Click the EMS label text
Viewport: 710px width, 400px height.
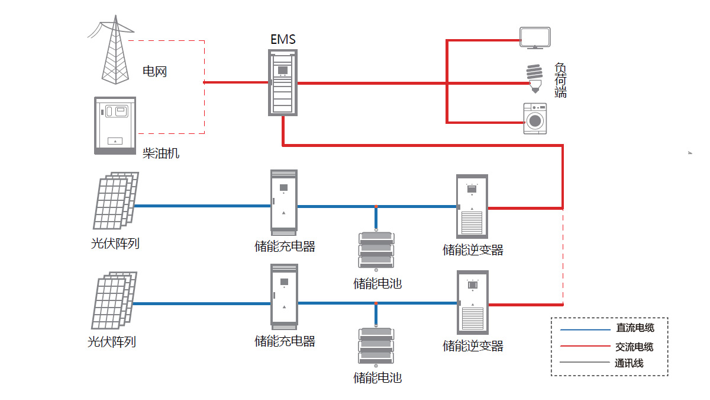click(x=283, y=40)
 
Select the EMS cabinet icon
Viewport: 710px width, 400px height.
click(x=283, y=82)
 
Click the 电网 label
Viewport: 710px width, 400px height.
click(x=155, y=72)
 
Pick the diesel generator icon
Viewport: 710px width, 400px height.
click(x=115, y=126)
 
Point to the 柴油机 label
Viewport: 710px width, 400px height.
click(x=161, y=153)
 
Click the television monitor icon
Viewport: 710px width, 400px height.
click(x=535, y=37)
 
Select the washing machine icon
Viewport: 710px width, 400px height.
click(x=535, y=119)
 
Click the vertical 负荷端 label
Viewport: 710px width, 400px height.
click(x=560, y=80)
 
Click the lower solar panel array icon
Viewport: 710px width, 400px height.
click(x=114, y=300)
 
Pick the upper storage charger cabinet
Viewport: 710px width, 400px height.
click(x=283, y=201)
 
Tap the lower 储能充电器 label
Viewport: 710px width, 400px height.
click(x=285, y=341)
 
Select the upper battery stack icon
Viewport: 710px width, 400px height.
click(x=376, y=249)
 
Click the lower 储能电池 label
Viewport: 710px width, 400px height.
click(x=377, y=377)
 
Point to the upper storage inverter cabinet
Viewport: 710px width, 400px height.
click(x=472, y=206)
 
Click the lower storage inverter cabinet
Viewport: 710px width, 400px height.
click(x=472, y=302)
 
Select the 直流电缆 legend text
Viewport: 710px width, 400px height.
click(x=635, y=328)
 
